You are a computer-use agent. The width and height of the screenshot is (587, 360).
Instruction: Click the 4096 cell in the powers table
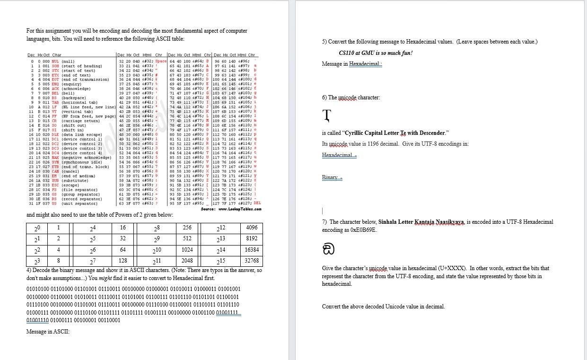(x=252, y=228)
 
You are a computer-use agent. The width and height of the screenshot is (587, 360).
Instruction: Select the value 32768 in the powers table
(x=252, y=261)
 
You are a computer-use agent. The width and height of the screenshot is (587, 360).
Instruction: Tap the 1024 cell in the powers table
(x=187, y=250)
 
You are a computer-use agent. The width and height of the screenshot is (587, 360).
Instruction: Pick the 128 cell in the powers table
(x=123, y=261)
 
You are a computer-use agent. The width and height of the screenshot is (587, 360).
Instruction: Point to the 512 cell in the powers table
(x=187, y=238)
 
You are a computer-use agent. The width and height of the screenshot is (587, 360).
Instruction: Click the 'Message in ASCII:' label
(x=48, y=332)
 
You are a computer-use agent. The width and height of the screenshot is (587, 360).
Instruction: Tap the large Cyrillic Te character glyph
(x=327, y=115)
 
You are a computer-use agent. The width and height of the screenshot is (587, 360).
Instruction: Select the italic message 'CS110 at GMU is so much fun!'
(x=376, y=53)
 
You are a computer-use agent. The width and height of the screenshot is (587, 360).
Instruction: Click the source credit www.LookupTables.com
(x=231, y=209)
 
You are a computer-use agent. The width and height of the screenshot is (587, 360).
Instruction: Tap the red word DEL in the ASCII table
(x=257, y=203)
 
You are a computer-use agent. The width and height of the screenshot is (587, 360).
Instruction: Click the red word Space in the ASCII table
(x=161, y=61)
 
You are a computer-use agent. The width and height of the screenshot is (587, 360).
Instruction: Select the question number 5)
(x=324, y=42)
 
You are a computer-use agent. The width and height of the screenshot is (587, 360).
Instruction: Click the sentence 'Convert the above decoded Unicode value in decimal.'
(x=383, y=307)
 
